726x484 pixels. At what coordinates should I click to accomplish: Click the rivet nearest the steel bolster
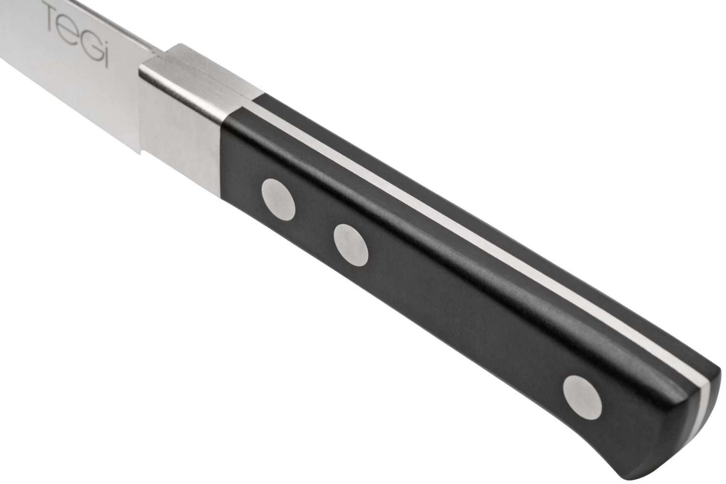pos(278,197)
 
